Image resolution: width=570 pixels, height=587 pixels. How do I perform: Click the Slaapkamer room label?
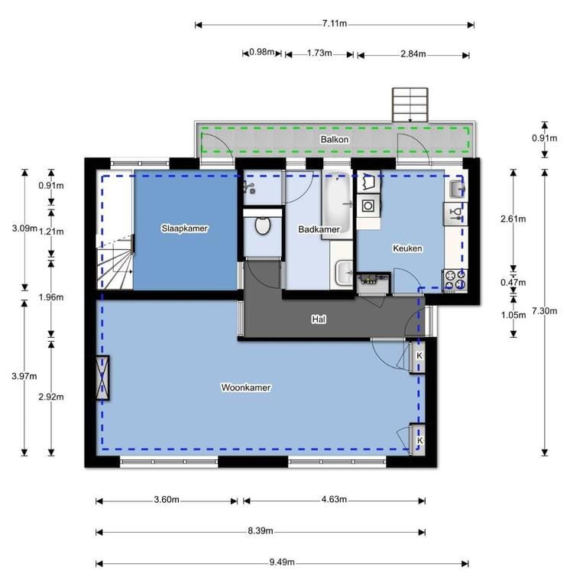pyautogui.click(x=184, y=228)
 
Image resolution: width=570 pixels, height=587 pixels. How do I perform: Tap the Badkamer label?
pyautogui.click(x=319, y=229)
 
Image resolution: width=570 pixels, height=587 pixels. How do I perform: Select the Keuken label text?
pyautogui.click(x=407, y=248)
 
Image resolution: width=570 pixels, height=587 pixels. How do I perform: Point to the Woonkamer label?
pyautogui.click(x=246, y=388)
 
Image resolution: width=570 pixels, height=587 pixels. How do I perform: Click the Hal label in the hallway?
pyautogui.click(x=319, y=319)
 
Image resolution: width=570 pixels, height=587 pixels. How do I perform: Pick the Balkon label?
pyautogui.click(x=335, y=139)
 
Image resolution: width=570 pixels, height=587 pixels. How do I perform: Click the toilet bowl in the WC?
pyautogui.click(x=263, y=225)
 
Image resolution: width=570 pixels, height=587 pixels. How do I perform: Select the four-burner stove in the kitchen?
pyautogui.click(x=455, y=281)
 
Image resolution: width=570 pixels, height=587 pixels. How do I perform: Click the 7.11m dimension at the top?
pyautogui.click(x=335, y=24)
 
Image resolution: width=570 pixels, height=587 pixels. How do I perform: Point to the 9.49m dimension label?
pyautogui.click(x=282, y=563)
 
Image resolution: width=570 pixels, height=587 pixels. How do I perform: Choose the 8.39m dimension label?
pyautogui.click(x=260, y=531)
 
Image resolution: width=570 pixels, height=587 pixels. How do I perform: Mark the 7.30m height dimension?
pyautogui.click(x=545, y=311)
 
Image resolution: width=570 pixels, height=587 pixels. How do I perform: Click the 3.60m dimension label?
pyautogui.click(x=167, y=499)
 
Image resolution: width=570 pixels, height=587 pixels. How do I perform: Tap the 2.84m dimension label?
pyautogui.click(x=413, y=54)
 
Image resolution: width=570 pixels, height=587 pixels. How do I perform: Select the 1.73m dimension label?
pyautogui.click(x=319, y=54)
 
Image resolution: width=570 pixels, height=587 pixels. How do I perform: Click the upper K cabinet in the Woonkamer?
pyautogui.click(x=419, y=356)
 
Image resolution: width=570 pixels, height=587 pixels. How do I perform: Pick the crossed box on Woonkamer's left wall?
pyautogui.click(x=102, y=378)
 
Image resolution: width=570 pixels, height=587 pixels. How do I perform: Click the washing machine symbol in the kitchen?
pyautogui.click(x=368, y=206)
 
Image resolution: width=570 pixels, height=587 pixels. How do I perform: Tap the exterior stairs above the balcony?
pyautogui.click(x=410, y=105)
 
